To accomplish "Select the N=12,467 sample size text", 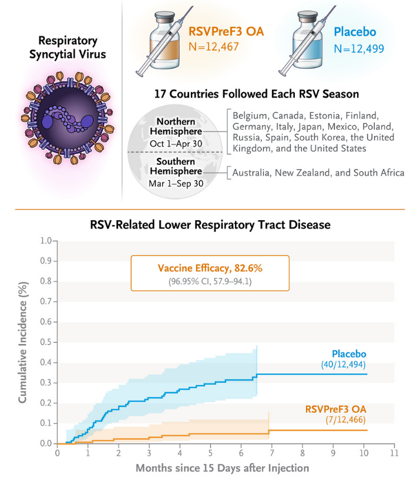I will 214,46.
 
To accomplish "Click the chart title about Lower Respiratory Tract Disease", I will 210,224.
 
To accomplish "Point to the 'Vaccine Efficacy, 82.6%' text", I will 210,268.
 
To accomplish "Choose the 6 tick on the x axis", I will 241,453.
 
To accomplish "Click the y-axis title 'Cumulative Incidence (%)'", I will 23,340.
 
